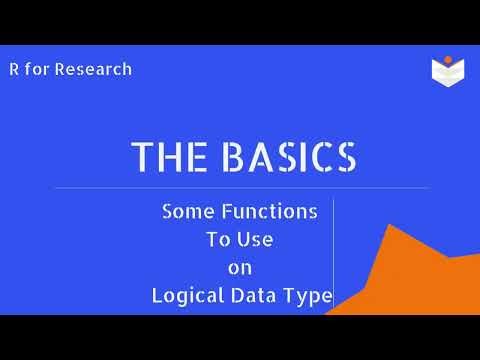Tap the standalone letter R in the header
13,70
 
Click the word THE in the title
165,157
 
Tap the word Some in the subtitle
185,212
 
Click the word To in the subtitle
218,240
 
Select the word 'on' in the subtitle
240,268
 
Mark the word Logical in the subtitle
186,296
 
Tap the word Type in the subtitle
308,296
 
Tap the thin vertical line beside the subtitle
333,255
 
